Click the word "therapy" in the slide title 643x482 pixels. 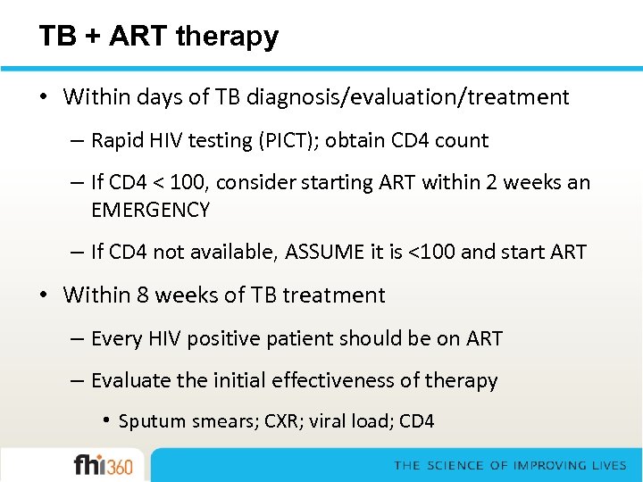[x=228, y=36]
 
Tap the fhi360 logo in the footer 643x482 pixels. [x=103, y=465]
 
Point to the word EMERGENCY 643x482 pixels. [x=150, y=211]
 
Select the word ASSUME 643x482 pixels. [x=325, y=253]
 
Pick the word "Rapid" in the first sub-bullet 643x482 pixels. [x=113, y=141]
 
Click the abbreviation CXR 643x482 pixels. [x=283, y=421]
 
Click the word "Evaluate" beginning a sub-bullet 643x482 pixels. [x=130, y=381]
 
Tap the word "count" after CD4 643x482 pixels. [x=461, y=141]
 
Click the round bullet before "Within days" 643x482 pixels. [x=45, y=97]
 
